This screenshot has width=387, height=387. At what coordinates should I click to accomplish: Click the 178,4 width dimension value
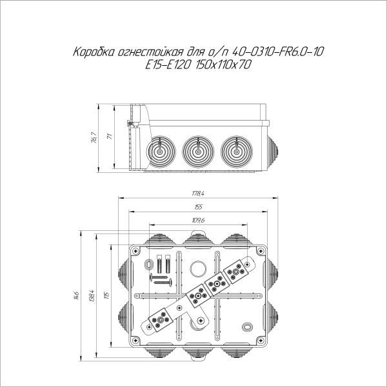coord(197,193)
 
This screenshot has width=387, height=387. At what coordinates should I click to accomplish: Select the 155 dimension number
coord(197,207)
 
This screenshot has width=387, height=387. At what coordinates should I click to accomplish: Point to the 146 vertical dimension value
coord(76,295)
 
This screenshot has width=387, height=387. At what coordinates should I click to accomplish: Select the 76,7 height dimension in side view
coord(94,137)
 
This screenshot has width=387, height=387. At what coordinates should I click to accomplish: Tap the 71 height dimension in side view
coord(110,137)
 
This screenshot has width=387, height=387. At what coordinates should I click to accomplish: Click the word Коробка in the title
coord(95,51)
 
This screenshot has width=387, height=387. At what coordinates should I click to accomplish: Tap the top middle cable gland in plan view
coord(197,239)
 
